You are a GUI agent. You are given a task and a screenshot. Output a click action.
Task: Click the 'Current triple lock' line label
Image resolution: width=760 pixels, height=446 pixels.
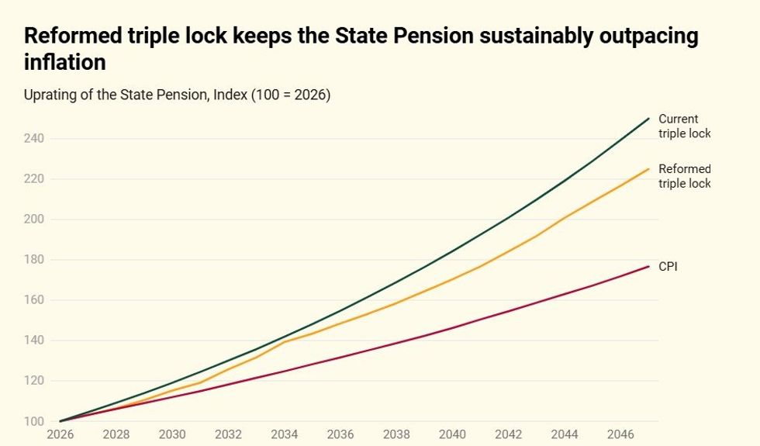[683, 126]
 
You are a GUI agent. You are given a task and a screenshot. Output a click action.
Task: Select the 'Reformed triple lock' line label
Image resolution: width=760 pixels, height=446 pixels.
[683, 176]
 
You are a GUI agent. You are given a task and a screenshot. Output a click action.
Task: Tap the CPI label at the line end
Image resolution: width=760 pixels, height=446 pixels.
[668, 266]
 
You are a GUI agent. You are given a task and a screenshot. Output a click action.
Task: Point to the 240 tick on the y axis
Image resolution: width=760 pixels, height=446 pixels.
[33, 139]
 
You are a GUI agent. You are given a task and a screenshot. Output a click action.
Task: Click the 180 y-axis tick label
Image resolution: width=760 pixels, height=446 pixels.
[33, 260]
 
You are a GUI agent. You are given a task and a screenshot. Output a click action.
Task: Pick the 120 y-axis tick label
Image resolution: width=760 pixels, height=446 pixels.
[33, 381]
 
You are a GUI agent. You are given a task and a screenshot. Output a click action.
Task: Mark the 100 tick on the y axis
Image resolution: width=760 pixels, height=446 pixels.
[33, 421]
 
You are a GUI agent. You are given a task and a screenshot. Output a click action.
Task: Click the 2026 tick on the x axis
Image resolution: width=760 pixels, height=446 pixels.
[60, 435]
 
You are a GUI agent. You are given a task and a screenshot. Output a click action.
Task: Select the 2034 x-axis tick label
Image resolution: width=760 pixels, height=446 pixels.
[284, 435]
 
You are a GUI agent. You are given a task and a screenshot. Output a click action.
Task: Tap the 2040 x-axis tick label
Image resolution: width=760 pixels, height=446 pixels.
[452, 435]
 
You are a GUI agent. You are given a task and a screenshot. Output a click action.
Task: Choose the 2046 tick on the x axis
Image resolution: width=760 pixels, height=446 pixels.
[620, 435]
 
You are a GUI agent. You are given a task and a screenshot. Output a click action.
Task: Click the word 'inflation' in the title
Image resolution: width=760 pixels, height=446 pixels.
[64, 61]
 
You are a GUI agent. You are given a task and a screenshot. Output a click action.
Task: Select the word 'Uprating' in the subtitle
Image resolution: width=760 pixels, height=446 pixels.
[49, 95]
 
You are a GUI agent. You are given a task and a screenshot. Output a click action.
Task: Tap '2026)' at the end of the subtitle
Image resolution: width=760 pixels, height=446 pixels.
[315, 95]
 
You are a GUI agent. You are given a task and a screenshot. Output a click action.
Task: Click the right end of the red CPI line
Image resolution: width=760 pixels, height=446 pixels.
[648, 266]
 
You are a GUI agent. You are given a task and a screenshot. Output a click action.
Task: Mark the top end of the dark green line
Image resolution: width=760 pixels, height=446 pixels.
[648, 119]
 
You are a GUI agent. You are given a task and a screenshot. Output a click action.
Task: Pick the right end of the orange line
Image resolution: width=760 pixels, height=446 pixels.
[648, 168]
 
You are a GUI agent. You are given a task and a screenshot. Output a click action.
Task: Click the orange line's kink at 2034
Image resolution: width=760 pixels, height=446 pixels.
[284, 341]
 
